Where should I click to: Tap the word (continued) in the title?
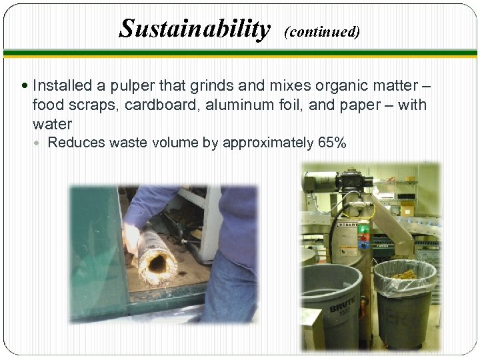pos(322,32)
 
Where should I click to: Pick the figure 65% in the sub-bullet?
pos(331,142)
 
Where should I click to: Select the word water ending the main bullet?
pos(52,124)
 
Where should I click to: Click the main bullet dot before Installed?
pos(25,86)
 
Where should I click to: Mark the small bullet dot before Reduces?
pos(41,143)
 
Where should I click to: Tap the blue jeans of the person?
pos(230,293)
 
